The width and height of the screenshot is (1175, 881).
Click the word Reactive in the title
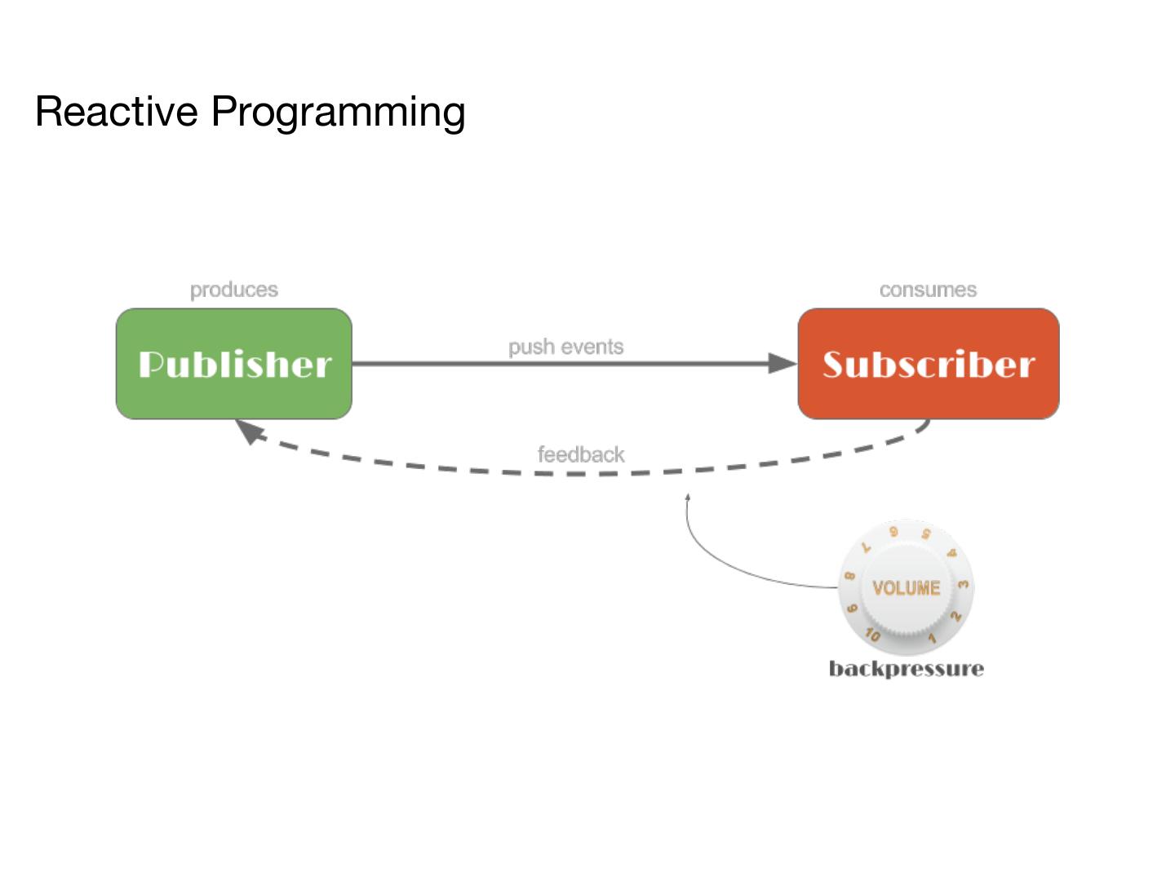116,112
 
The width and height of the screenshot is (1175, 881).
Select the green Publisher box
234,364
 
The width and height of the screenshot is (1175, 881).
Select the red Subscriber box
928,364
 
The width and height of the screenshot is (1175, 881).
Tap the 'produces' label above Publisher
234,290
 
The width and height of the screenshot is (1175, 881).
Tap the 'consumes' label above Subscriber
928,290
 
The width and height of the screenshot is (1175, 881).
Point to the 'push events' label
565,347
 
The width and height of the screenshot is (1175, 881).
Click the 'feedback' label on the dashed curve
580,454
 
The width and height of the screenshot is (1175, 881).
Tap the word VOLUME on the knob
906,588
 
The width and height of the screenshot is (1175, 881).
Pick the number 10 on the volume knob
872,634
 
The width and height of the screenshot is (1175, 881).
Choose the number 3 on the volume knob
964,584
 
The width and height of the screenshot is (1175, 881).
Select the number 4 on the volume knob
951,553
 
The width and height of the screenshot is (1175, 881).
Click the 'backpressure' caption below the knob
906,669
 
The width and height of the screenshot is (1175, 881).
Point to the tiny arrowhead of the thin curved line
688,496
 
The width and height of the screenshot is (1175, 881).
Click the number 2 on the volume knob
956,616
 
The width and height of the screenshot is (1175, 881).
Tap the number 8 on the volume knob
849,576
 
